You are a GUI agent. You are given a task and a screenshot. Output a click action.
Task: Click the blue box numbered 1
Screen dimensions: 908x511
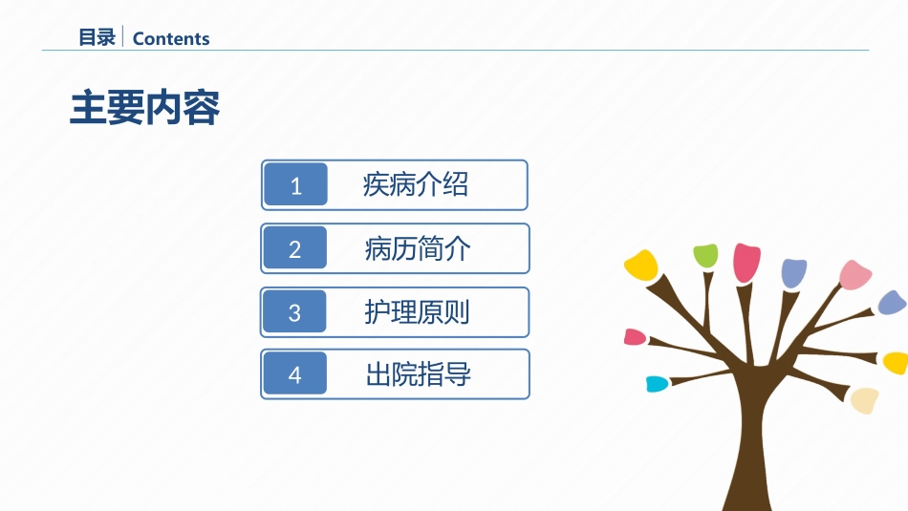(295, 184)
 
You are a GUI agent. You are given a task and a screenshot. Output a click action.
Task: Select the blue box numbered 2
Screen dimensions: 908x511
(294, 247)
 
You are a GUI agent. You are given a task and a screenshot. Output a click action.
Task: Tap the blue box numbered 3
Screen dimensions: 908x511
(294, 311)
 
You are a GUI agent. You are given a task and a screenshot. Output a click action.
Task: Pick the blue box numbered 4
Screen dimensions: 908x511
(294, 373)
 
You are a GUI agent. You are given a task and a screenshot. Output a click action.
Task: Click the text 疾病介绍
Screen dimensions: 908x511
(415, 185)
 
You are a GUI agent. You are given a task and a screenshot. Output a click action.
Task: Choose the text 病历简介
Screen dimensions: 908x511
(418, 249)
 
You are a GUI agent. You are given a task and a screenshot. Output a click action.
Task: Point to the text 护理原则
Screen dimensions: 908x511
(417, 312)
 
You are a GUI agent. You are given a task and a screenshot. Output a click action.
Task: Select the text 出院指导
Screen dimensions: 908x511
(418, 374)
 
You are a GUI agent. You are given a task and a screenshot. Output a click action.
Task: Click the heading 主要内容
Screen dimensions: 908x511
(144, 108)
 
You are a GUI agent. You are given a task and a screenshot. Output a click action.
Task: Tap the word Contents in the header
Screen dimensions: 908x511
(171, 39)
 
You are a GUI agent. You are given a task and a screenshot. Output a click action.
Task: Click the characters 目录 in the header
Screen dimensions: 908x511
(97, 37)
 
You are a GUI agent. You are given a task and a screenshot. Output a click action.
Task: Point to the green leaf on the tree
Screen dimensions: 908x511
(706, 256)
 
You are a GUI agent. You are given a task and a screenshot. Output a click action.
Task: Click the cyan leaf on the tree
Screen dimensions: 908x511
(658, 384)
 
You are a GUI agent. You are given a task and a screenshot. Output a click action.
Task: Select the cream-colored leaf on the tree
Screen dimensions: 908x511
(865, 400)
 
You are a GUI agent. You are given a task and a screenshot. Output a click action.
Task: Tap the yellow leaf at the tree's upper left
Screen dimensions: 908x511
(641, 265)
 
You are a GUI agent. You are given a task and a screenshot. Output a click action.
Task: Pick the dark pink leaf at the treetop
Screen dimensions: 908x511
(746, 263)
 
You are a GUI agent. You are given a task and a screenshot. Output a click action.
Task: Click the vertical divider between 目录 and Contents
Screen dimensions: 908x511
(122, 36)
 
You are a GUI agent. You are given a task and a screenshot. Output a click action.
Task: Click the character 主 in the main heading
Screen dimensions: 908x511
(88, 108)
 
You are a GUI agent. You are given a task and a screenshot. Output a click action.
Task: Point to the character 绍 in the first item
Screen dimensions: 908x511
(456, 185)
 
